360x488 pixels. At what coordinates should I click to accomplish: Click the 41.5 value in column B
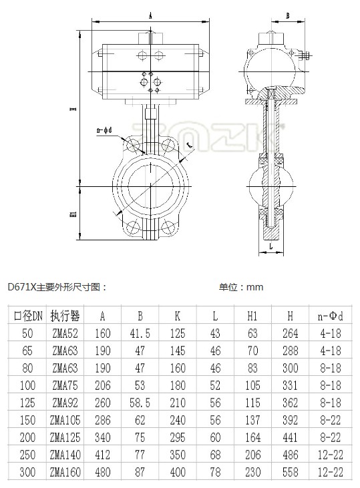pyautogui.click(x=140, y=334)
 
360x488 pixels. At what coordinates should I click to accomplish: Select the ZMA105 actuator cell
pyautogui.click(x=65, y=421)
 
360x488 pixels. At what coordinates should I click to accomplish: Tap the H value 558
pyautogui.click(x=291, y=473)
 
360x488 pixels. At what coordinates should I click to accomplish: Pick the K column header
pyautogui.click(x=178, y=316)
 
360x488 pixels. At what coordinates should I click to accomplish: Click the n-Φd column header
pyautogui.click(x=331, y=316)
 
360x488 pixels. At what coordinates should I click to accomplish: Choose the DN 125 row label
pyautogui.click(x=27, y=403)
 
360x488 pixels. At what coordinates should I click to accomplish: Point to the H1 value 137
pyautogui.click(x=252, y=421)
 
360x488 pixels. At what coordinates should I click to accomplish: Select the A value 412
pyautogui.click(x=102, y=455)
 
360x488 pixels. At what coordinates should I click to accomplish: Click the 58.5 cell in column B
pyautogui.click(x=140, y=403)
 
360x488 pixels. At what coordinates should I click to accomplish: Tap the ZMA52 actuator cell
pyautogui.click(x=65, y=334)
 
